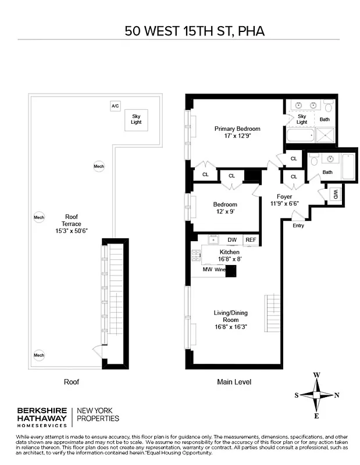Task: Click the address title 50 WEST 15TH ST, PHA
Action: pos(194,30)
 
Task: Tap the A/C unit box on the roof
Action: pos(115,106)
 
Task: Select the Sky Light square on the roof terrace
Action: pos(136,120)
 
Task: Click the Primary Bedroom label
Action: pos(237,128)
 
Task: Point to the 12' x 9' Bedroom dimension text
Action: pos(225,212)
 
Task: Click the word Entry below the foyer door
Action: pos(298,226)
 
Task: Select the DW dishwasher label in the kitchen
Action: pos(231,239)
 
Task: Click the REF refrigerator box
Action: pos(251,239)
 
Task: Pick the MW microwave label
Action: pos(207,270)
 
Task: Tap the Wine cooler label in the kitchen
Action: pos(220,270)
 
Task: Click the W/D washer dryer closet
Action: pos(335,194)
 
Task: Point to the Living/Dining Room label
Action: pos(230,316)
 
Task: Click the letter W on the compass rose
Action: pos(316,375)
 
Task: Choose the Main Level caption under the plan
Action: pos(233,382)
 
